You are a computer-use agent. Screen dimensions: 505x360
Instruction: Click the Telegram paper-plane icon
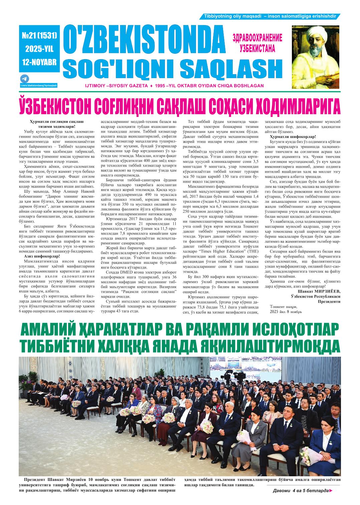coord(24,79)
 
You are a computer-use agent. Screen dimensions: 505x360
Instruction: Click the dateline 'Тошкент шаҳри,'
coord(283,306)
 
